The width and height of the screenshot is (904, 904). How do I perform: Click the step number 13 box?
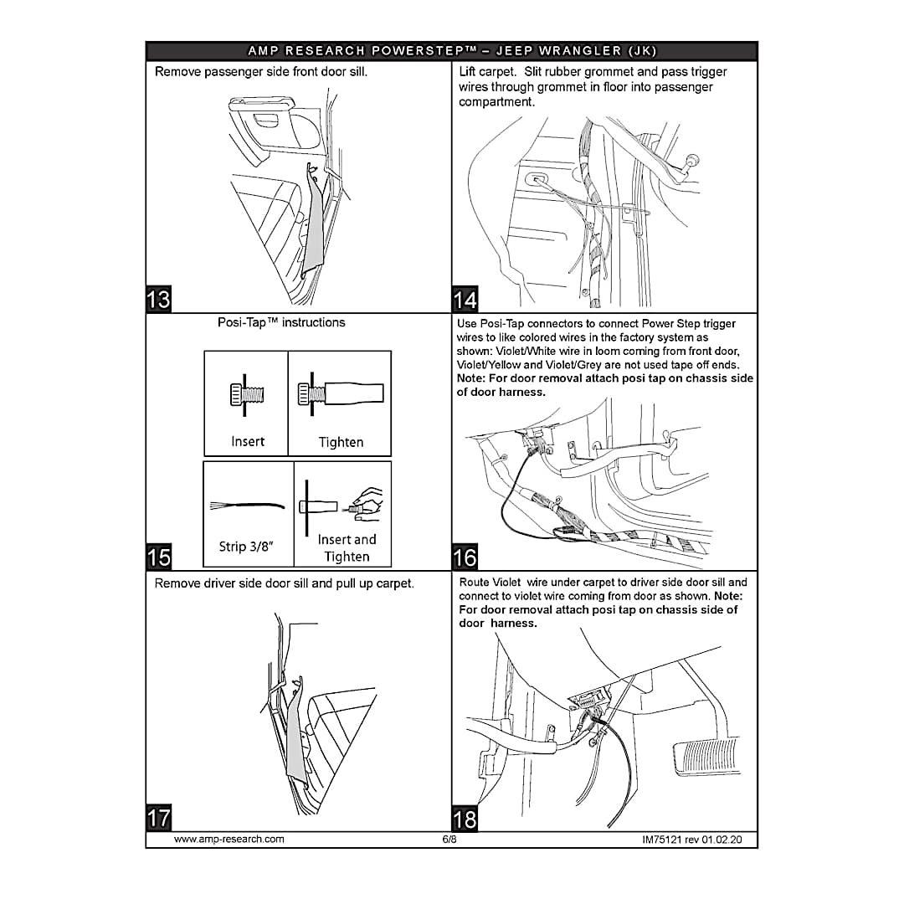(x=158, y=299)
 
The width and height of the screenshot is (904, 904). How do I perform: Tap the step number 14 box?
(x=465, y=299)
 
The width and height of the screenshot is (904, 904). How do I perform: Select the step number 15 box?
(x=158, y=557)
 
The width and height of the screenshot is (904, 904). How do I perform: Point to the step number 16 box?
(x=465, y=557)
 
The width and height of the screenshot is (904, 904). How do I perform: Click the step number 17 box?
(x=158, y=817)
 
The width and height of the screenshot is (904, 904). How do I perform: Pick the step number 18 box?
(x=465, y=818)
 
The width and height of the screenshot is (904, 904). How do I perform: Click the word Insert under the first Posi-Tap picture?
(x=248, y=441)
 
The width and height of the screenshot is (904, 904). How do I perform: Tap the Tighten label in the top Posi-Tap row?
(x=341, y=442)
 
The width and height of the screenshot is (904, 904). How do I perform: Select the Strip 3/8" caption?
(x=246, y=547)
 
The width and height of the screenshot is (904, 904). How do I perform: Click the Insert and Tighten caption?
(x=347, y=548)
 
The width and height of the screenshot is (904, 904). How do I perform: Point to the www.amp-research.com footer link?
(x=229, y=839)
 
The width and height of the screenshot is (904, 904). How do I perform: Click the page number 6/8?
(x=449, y=839)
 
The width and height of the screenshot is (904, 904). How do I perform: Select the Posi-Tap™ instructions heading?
(x=281, y=322)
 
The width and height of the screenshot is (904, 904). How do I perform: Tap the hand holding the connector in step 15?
(x=366, y=501)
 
